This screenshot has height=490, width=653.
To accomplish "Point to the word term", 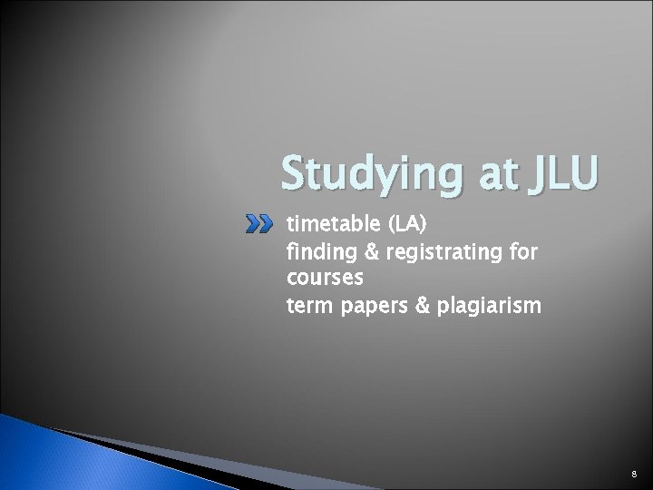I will click(307, 308).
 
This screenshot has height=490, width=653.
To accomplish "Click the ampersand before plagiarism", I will click(416, 308).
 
